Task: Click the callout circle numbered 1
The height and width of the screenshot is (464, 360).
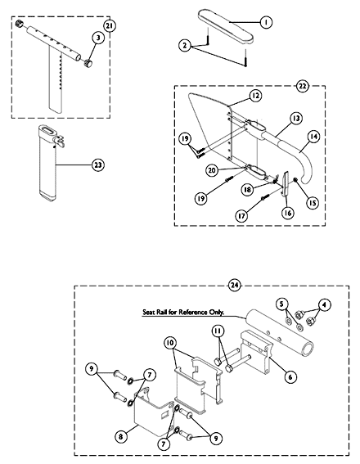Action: pyautogui.click(x=266, y=22)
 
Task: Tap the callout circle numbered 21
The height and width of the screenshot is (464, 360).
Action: pyautogui.click(x=110, y=26)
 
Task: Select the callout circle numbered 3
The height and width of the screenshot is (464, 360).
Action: pyautogui.click(x=98, y=38)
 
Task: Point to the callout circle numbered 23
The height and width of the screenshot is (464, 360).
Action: pyautogui.click(x=98, y=164)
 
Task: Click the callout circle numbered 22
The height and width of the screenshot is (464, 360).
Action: pyautogui.click(x=302, y=87)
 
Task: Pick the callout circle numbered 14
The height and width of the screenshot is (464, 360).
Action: pyautogui.click(x=313, y=137)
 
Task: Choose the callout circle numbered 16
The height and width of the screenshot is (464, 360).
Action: pyautogui.click(x=288, y=213)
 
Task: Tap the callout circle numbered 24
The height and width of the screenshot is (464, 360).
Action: pyautogui.click(x=235, y=286)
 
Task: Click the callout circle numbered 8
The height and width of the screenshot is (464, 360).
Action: pyautogui.click(x=121, y=437)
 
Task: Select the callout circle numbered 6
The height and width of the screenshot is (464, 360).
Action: pyautogui.click(x=290, y=376)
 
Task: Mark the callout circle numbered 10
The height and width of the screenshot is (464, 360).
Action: pyautogui.click(x=170, y=343)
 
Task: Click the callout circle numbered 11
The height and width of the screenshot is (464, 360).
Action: pyautogui.click(x=218, y=331)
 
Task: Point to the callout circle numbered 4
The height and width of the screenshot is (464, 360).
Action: pyautogui.click(x=325, y=304)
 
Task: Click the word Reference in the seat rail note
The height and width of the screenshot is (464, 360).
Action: pyautogui.click(x=192, y=312)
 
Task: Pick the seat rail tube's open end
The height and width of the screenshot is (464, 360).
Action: pyautogui.click(x=307, y=349)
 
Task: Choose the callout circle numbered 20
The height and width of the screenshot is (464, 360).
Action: pyautogui.click(x=212, y=170)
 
